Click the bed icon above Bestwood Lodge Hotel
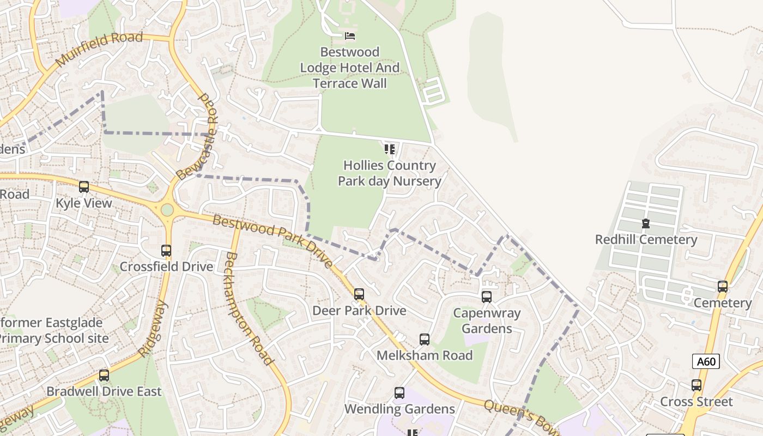[350, 36]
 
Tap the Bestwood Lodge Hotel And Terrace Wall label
[350, 68]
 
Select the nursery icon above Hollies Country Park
[389, 149]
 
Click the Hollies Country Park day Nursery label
[389, 173]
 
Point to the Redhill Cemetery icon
[646, 223]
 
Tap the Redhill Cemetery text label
[646, 240]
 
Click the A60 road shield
[706, 361]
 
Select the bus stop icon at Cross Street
[696, 385]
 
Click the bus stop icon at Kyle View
[84, 187]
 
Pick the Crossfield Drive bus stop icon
[166, 251]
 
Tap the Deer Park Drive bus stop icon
[359, 294]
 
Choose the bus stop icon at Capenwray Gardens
[486, 297]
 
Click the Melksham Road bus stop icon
[425, 340]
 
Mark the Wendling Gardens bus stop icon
[399, 393]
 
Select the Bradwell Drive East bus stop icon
[104, 376]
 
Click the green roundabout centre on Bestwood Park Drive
[167, 210]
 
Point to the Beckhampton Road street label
[249, 308]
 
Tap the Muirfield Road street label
[99, 49]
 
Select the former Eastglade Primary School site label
[53, 330]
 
